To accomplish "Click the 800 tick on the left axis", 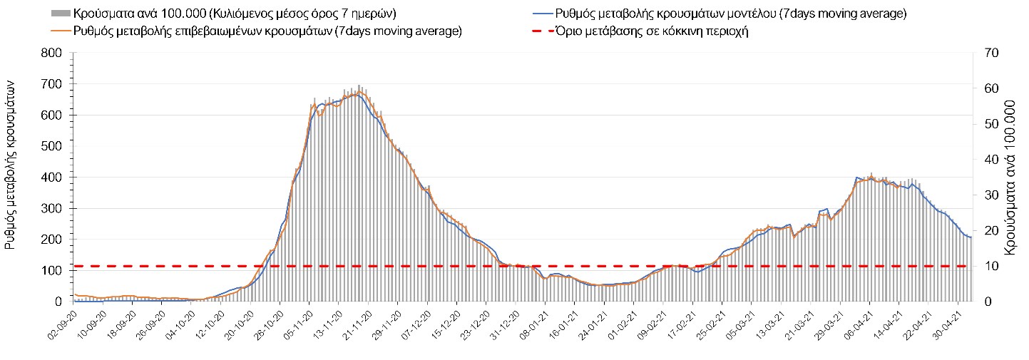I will [53, 53].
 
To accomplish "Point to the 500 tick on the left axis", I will [53, 146].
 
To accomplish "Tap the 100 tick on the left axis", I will [53, 271].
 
